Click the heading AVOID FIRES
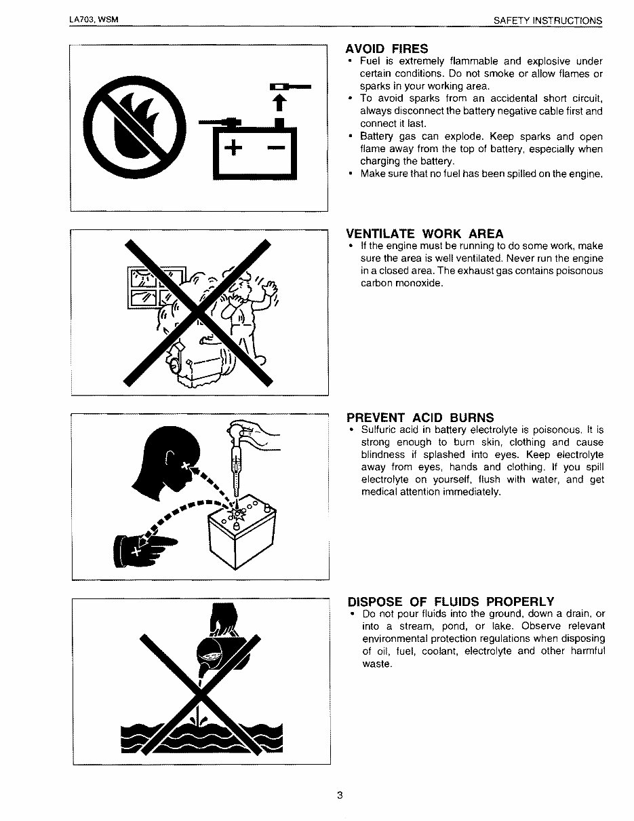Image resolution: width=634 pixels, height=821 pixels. (x=387, y=49)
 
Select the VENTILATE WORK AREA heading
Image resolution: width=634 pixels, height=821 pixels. (x=425, y=234)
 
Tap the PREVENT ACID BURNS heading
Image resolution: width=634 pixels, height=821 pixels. (x=420, y=417)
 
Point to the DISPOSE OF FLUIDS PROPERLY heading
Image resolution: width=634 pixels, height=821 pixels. (x=451, y=602)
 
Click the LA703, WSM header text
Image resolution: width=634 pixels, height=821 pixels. (x=94, y=20)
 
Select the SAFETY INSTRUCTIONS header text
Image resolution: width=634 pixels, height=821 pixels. (x=547, y=20)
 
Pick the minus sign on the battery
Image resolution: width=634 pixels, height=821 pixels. (x=276, y=149)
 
